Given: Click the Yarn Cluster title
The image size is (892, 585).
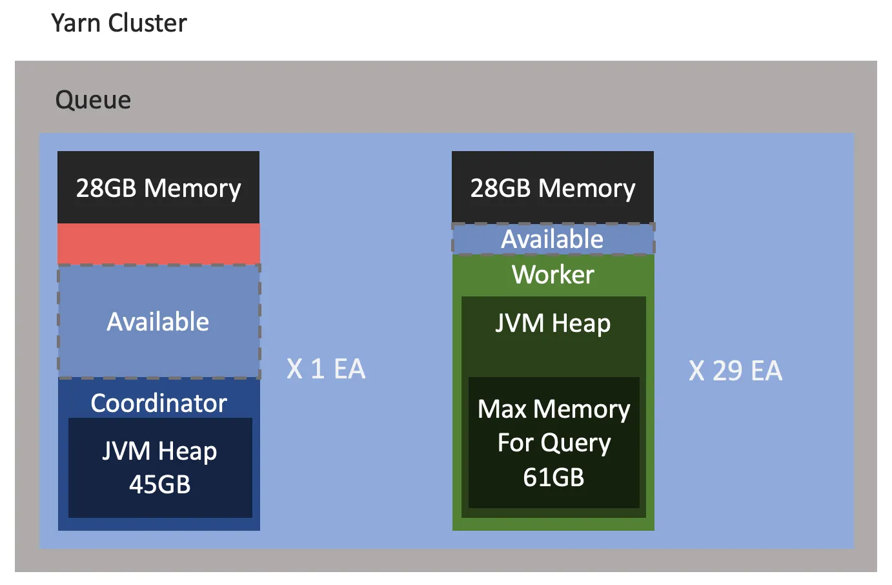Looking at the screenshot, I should [119, 23].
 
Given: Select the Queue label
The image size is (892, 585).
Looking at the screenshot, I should [93, 100].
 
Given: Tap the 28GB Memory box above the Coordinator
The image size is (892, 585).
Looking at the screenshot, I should [158, 188].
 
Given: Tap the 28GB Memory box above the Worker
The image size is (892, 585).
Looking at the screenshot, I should [552, 188].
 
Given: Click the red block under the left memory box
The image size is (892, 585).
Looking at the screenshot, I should [158, 243].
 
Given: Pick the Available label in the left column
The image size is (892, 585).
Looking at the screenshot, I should [158, 322].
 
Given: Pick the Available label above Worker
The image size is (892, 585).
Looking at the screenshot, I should [552, 239].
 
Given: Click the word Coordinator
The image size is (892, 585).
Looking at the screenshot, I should [159, 403].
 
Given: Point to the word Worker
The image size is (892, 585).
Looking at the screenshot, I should [552, 274].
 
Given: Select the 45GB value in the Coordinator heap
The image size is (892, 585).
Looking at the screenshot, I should [160, 484].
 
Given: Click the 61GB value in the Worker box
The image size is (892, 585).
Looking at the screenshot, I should [553, 477].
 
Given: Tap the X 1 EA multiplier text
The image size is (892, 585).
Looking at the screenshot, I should [326, 369].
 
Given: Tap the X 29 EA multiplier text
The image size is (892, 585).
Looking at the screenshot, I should [735, 371].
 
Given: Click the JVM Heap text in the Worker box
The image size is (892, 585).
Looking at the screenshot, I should [552, 323].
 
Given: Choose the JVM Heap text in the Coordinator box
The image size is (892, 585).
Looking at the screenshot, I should [159, 451].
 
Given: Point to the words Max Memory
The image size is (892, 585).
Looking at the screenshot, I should [554, 409].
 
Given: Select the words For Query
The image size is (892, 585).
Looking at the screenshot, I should [554, 443].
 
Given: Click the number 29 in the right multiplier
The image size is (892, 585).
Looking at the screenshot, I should [727, 371].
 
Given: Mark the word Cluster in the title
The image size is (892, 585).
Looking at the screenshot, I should [148, 23].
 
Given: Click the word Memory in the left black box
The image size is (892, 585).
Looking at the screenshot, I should [192, 188].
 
